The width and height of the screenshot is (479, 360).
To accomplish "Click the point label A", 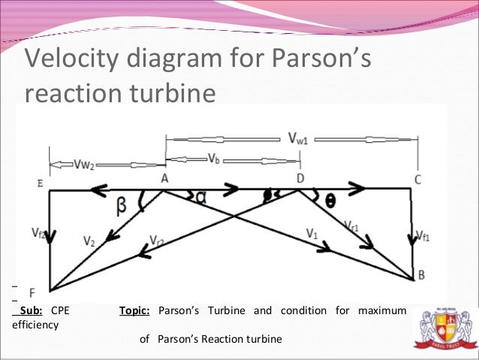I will pos(163,177).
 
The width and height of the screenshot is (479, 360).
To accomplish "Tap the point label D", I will pos(300,177).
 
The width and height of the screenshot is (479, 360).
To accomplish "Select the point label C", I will pos(417,179).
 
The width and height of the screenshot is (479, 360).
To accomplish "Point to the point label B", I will pos(421,275).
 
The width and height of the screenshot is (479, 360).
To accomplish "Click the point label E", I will pos(38,182).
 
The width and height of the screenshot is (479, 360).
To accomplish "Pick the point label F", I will pos(32,292).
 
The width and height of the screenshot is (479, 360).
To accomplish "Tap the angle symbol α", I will pos(200,197).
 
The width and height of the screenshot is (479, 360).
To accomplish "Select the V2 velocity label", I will pos(90,242).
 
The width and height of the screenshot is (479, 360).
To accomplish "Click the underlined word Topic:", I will pos(135,311).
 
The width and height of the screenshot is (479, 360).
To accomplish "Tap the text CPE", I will pos(59,311).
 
